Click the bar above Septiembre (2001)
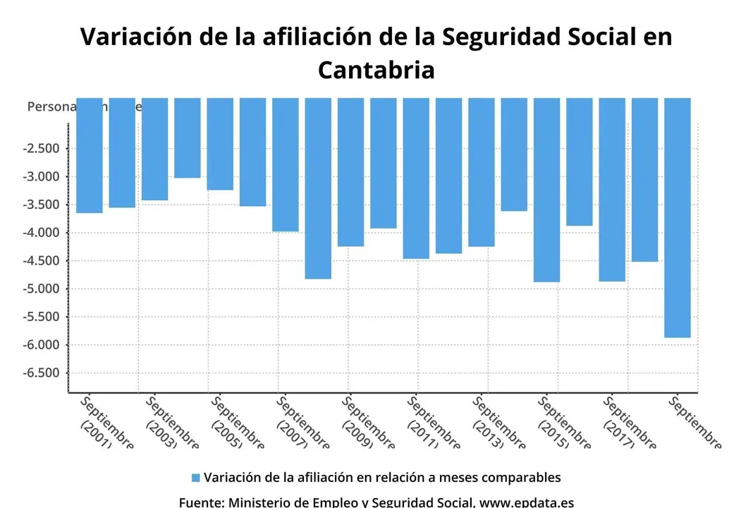pos(90,155)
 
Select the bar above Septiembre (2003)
pos(154,150)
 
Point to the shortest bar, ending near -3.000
pos(188,138)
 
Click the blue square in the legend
pos(196,478)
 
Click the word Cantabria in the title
pos(376,70)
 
